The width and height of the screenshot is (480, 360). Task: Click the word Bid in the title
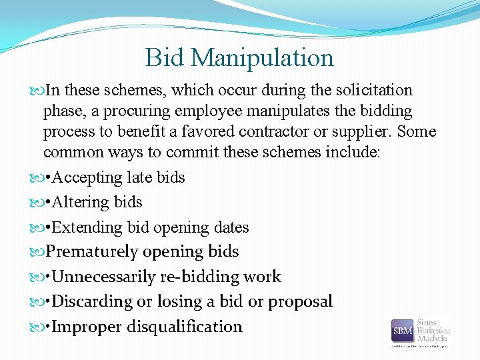(x=165, y=58)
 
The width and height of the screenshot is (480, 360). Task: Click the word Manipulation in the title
(x=262, y=58)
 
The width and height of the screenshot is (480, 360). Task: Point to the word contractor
(x=294, y=131)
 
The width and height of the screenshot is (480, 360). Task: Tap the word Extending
(x=86, y=227)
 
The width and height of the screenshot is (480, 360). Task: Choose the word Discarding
(x=92, y=301)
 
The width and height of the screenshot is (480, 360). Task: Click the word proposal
(x=299, y=302)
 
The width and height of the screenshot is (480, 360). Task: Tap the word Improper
(x=85, y=327)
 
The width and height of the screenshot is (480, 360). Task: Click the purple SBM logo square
(x=402, y=331)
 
